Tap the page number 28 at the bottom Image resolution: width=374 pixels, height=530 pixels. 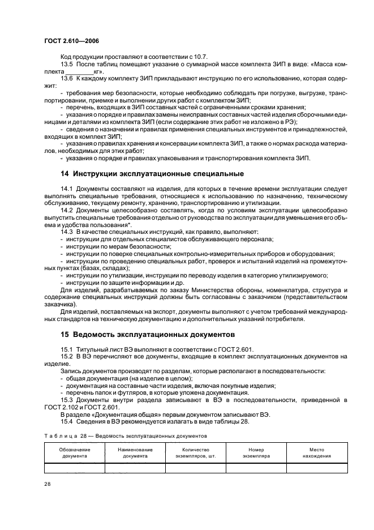(x=48, y=484)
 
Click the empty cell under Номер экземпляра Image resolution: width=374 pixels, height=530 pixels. (x=256, y=468)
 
